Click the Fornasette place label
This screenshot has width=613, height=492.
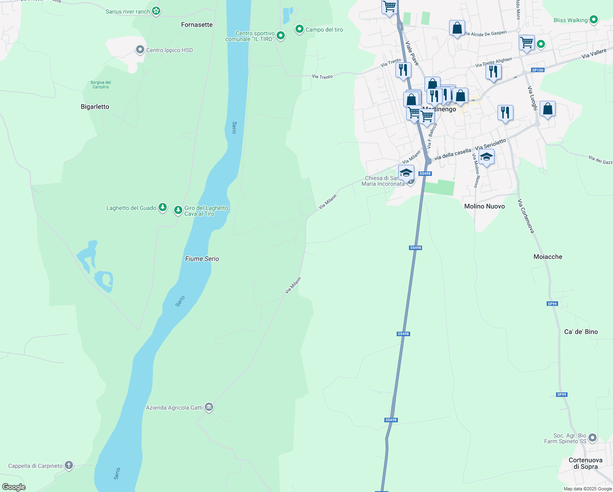point(197,25)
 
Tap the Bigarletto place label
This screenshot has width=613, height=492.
point(95,107)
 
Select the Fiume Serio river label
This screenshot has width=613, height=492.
point(202,259)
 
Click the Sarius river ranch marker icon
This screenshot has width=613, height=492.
point(156,11)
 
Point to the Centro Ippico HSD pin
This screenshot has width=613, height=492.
point(140,50)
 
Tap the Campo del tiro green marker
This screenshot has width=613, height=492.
point(300,29)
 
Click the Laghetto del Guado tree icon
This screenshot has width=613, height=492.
point(163,207)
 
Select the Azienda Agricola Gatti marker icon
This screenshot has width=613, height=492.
point(209,407)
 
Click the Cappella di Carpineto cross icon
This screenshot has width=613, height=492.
point(69,465)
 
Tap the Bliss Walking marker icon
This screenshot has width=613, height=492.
point(593,20)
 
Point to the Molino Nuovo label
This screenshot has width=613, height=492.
point(484,206)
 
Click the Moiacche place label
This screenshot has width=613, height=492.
point(548,257)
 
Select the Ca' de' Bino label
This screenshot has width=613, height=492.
point(581,332)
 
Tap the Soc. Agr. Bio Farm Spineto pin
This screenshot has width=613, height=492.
point(593,438)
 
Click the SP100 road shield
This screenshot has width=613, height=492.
point(538,70)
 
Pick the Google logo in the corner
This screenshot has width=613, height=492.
point(14,487)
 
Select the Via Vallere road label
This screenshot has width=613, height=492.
point(594,54)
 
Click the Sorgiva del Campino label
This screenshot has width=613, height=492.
point(101,84)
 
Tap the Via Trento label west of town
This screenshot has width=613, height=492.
point(322,77)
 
